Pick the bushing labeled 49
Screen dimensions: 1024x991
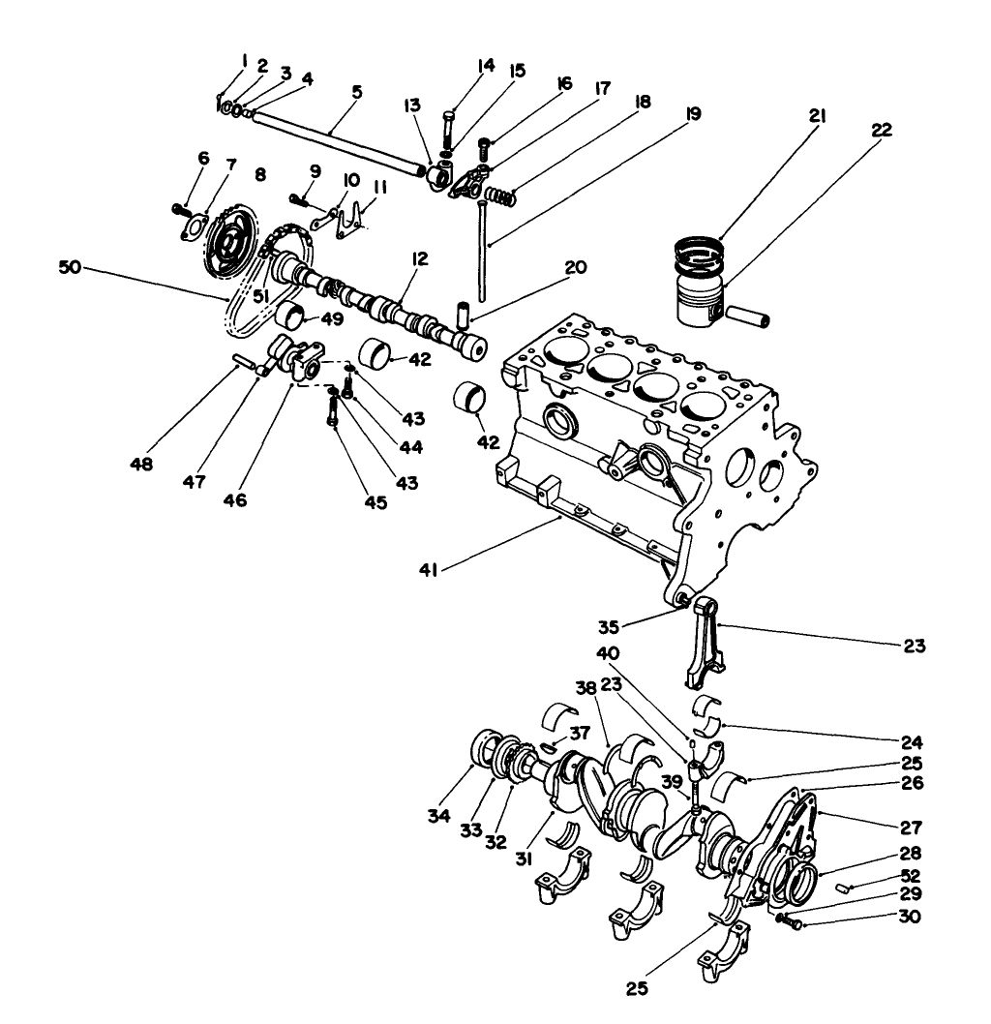[289, 316]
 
